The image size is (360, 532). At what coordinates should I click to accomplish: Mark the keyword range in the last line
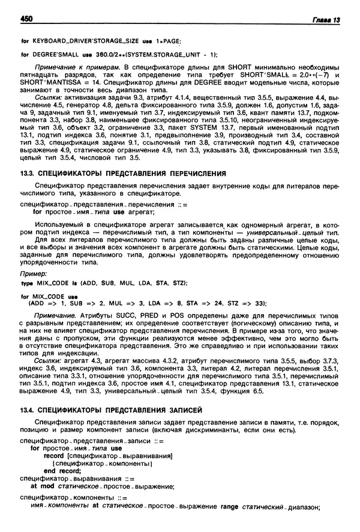coord(230,507)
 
